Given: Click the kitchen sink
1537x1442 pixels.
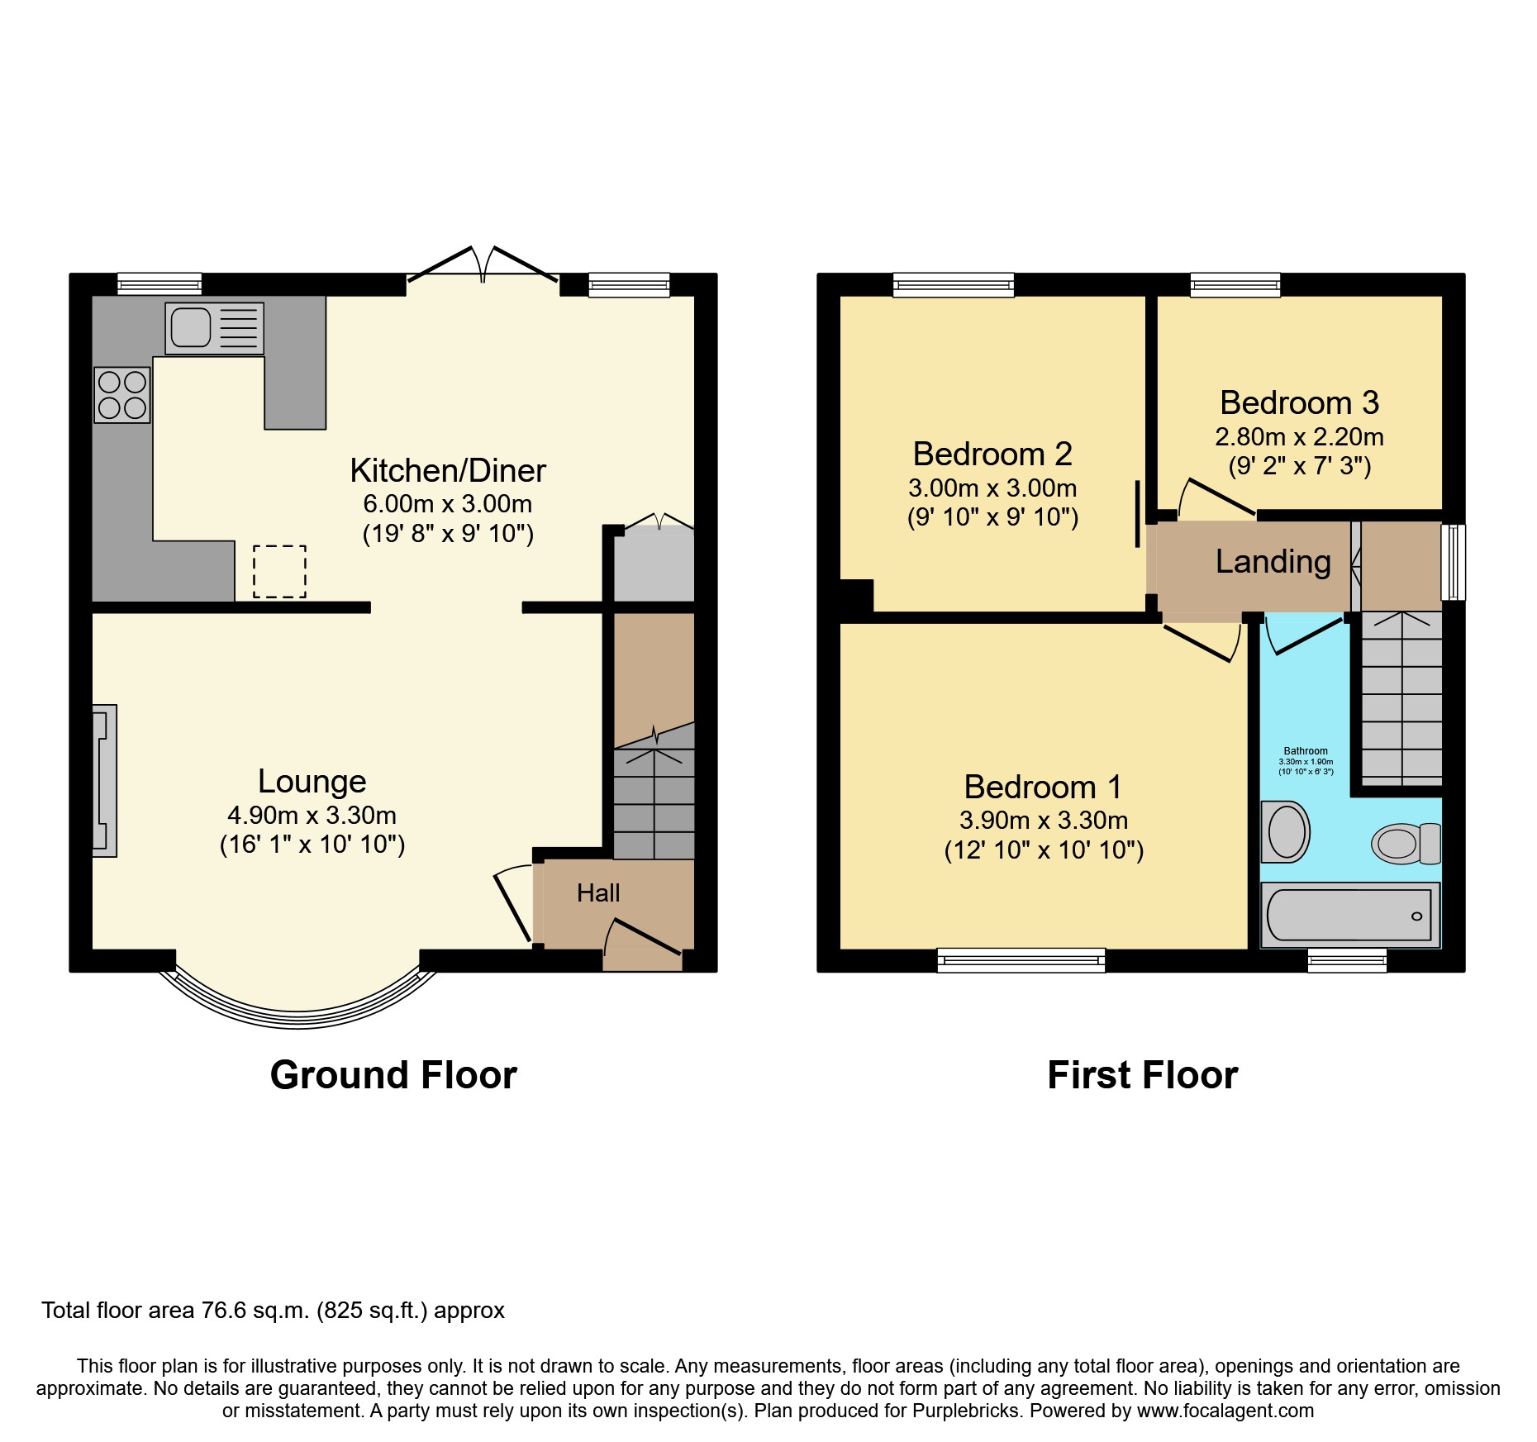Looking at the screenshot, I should point(214,328).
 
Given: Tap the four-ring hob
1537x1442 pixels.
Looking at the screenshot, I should point(122,395).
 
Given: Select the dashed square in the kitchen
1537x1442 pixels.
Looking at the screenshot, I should point(279,571).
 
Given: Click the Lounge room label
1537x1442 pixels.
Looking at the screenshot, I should point(312,781).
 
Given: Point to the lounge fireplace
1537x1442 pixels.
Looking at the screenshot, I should point(104,780).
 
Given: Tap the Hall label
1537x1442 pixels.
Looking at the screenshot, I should point(598,893).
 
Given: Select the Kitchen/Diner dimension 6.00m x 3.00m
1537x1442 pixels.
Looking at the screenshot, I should point(447,504).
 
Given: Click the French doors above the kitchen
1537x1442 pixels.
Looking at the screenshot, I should point(483,264).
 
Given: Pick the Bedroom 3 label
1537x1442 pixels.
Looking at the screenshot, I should point(1299,403).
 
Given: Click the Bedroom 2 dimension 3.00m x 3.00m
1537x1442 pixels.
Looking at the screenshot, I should point(992,488).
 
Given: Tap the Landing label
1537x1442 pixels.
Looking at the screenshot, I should point(1273,562).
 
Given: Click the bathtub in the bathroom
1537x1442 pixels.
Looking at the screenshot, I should point(1349,915).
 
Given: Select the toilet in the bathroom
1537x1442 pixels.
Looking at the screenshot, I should point(1405,844).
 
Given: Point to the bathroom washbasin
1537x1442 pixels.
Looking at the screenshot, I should point(1286,831).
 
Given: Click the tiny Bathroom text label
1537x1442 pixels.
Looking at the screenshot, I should point(1306,751).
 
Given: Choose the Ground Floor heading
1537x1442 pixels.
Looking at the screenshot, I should point(393,1076).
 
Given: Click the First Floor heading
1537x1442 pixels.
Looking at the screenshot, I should point(1142,1076).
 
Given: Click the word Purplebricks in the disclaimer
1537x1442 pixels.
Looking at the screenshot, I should point(966,1411).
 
